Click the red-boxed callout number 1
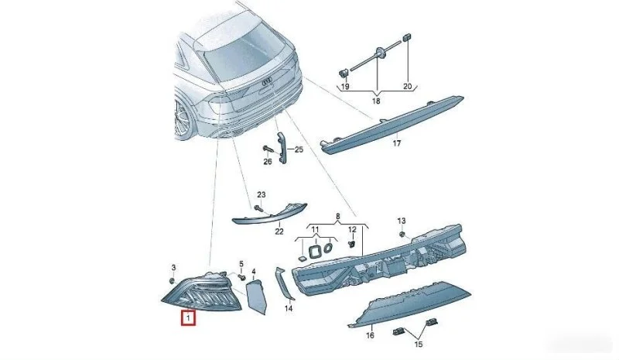point(188,317)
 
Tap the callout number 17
point(397,143)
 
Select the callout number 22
point(279,231)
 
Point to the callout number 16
point(370,335)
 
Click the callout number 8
point(337,216)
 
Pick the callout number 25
point(299,149)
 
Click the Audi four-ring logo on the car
point(268,82)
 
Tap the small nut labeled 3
point(172,280)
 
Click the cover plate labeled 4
point(256,297)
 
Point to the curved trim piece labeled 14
point(285,283)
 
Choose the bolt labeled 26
point(268,150)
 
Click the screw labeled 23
point(258,207)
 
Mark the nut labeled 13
point(402,235)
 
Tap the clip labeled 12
point(351,244)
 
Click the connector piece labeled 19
point(344,73)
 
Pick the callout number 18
point(376,101)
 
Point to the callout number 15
point(418,345)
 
